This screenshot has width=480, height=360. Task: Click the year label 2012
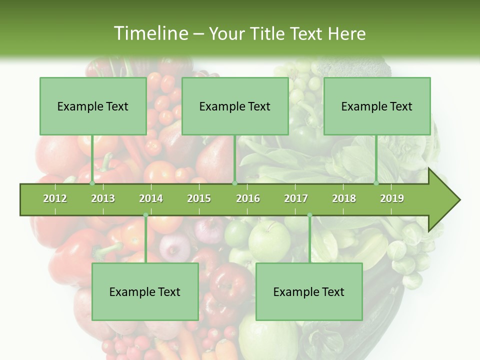click(55, 198)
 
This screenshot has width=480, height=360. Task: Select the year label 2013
click(103, 198)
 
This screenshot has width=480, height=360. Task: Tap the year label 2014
click(151, 198)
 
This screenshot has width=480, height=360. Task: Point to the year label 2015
click(199, 198)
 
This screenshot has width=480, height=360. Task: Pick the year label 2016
click(248, 198)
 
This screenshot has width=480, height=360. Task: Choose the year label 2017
click(296, 198)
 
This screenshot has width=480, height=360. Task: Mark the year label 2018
click(344, 198)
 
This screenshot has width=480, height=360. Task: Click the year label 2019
click(392, 198)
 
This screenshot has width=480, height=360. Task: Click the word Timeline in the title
click(150, 33)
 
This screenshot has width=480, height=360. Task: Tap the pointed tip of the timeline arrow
click(459, 200)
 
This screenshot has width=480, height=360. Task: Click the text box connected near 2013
click(93, 106)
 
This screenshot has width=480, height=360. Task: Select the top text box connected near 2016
click(235, 106)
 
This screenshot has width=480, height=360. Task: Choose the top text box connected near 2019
click(377, 106)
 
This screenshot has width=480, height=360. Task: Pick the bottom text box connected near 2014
click(145, 291)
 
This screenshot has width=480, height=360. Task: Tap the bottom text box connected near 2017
click(309, 291)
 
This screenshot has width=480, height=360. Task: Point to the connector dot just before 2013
click(92, 183)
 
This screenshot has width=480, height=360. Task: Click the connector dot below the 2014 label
click(145, 215)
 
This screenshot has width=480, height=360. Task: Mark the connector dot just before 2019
click(376, 183)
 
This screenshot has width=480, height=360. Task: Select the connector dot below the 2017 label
click(309, 215)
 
